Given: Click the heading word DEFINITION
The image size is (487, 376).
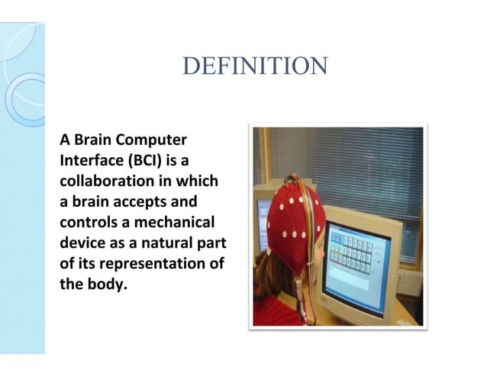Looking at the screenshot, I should pyautogui.click(x=255, y=66).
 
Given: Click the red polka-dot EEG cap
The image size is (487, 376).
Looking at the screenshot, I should pyautogui.click(x=294, y=221).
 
